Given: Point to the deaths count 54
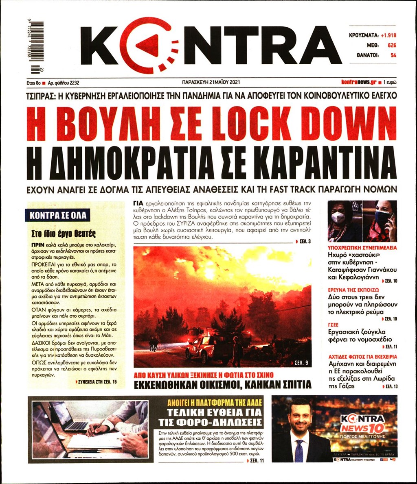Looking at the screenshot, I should (393, 56).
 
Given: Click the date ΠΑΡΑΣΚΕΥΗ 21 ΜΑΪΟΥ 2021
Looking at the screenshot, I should (211, 82).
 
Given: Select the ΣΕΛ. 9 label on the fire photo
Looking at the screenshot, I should (301, 361).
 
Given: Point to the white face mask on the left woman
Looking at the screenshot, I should (338, 218).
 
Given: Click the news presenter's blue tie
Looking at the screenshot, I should (299, 450).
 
